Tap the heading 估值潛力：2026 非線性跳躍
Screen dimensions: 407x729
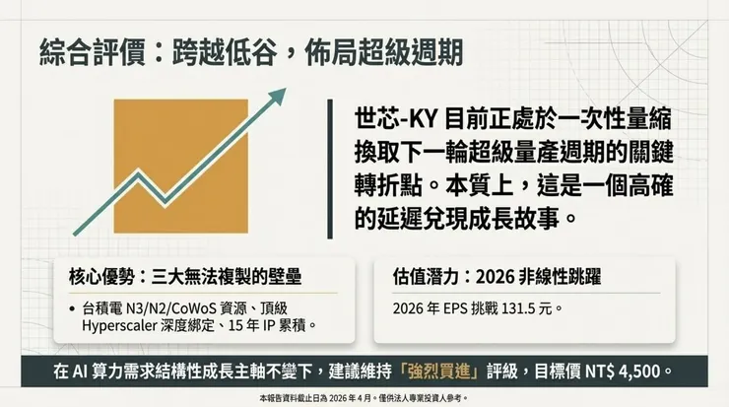click(x=485, y=277)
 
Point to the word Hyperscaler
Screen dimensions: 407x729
click(x=123, y=325)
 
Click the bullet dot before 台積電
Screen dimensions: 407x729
click(x=74, y=308)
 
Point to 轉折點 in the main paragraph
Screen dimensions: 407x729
click(x=386, y=185)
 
